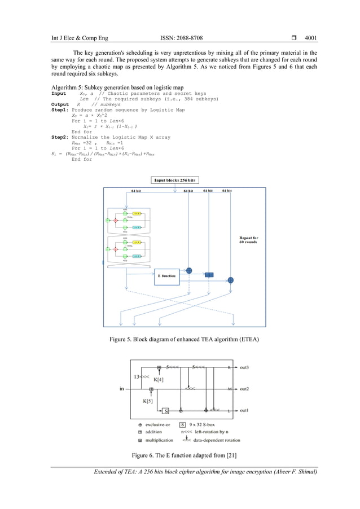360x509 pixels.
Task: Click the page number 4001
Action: pyautogui.click(x=310, y=38)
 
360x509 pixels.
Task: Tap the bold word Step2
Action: pyautogui.click(x=60, y=137)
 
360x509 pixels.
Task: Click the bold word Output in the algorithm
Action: pyautogui.click(x=60, y=104)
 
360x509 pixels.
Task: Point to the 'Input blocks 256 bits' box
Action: pyautogui.click(x=175, y=180)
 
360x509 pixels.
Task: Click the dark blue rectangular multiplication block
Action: pyautogui.click(x=209, y=275)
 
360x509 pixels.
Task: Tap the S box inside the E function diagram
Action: pyautogui.click(x=166, y=410)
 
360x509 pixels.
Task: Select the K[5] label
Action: pyautogui.click(x=148, y=401)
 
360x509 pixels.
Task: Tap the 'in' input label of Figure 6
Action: pyautogui.click(x=122, y=389)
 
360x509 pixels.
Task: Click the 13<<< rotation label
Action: pyautogui.click(x=141, y=376)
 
